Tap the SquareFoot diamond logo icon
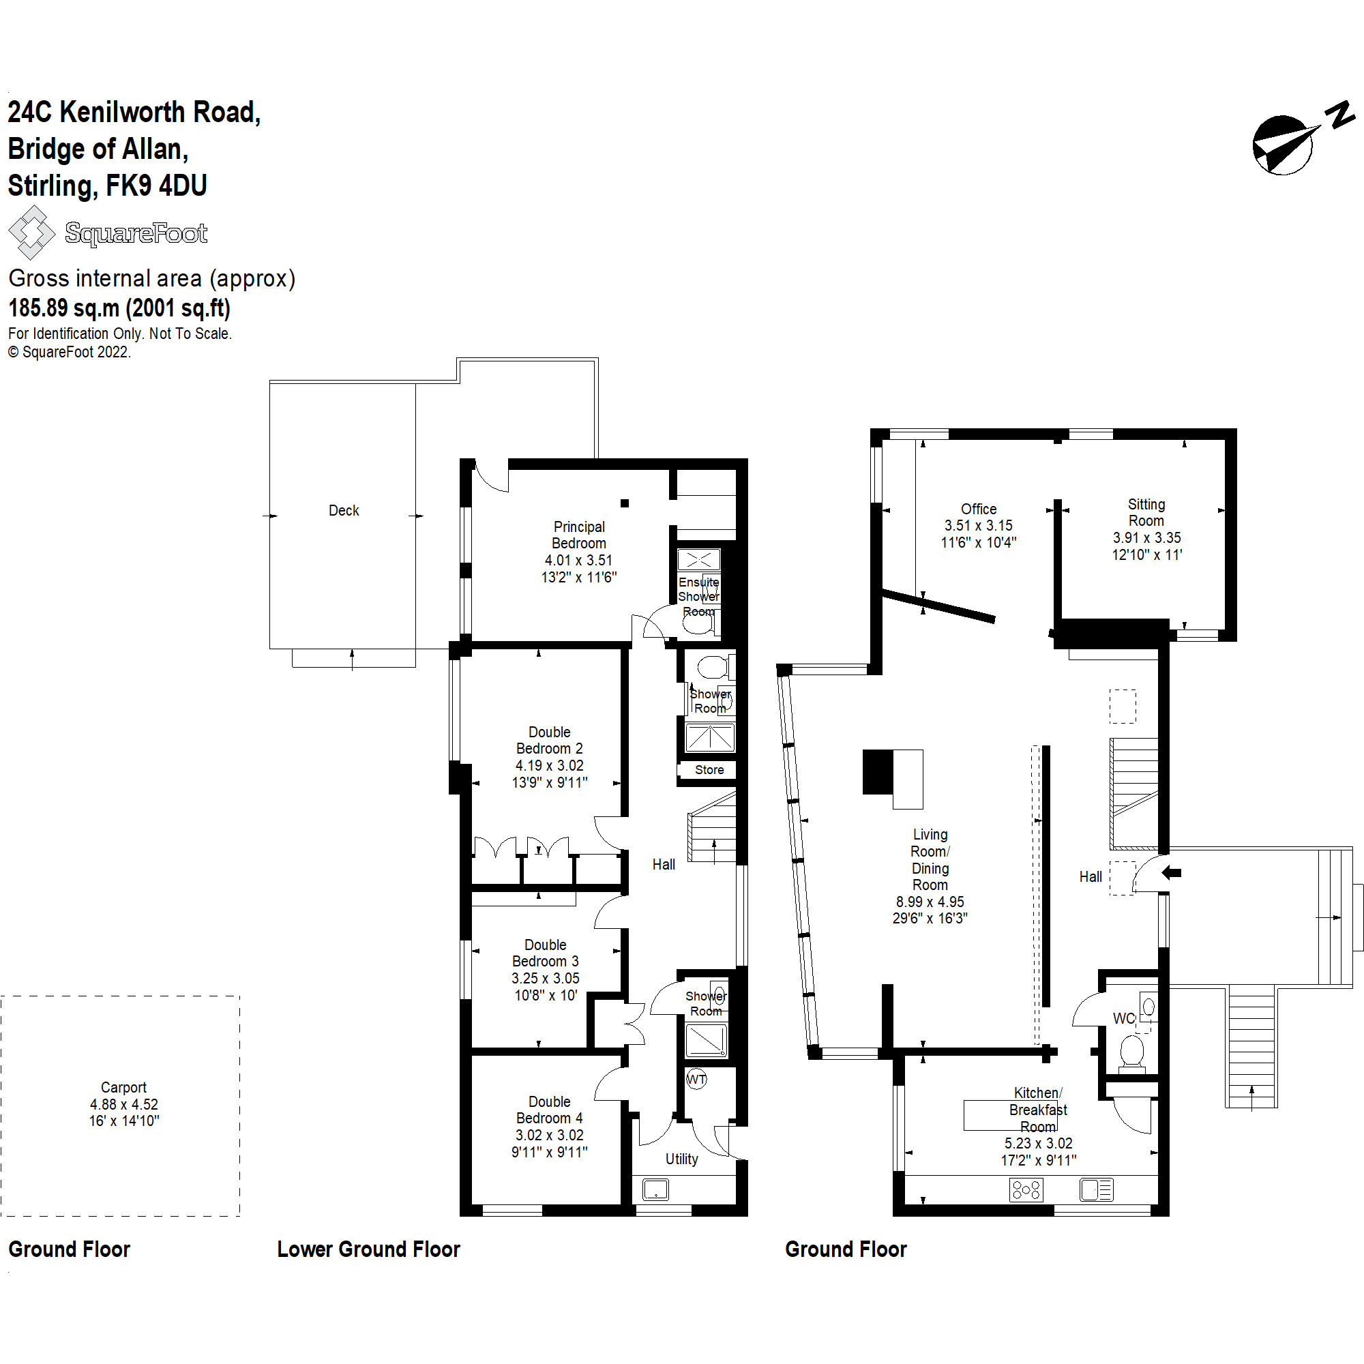pyautogui.click(x=31, y=233)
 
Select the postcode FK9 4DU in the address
pyautogui.click(x=156, y=186)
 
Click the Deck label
pyautogui.click(x=344, y=510)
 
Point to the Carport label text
pyautogui.click(x=123, y=1087)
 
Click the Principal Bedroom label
pyautogui.click(x=579, y=535)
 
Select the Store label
pyautogui.click(x=709, y=769)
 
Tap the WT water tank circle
pyautogui.click(x=696, y=1079)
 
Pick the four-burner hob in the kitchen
pyautogui.click(x=1026, y=1190)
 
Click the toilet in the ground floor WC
pyautogui.click(x=1131, y=1051)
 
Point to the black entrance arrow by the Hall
pyautogui.click(x=1171, y=873)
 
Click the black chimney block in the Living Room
pyautogui.click(x=878, y=771)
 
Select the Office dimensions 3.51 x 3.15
pyautogui.click(x=979, y=525)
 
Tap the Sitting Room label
pyautogui.click(x=1146, y=513)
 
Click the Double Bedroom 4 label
pyautogui.click(x=549, y=1110)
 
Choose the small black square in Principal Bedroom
pyautogui.click(x=625, y=503)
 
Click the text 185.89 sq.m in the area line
pyautogui.click(x=65, y=308)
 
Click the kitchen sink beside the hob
pyautogui.click(x=1096, y=1190)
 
